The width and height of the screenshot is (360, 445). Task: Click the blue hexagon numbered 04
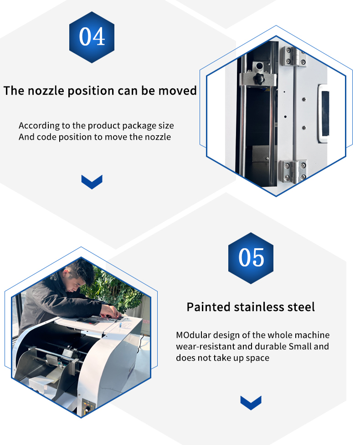tap(92, 37)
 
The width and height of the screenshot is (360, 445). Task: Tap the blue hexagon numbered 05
tap(251, 258)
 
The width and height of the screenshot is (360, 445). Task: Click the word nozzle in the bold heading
tap(46, 91)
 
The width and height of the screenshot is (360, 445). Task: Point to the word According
tap(39, 126)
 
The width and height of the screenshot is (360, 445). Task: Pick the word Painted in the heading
tap(208, 307)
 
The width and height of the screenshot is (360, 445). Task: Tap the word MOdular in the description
tap(193, 335)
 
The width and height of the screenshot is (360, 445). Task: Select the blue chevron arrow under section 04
tap(92, 182)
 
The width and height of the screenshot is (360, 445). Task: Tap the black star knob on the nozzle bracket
tap(259, 78)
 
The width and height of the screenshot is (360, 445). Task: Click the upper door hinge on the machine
tap(293, 57)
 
